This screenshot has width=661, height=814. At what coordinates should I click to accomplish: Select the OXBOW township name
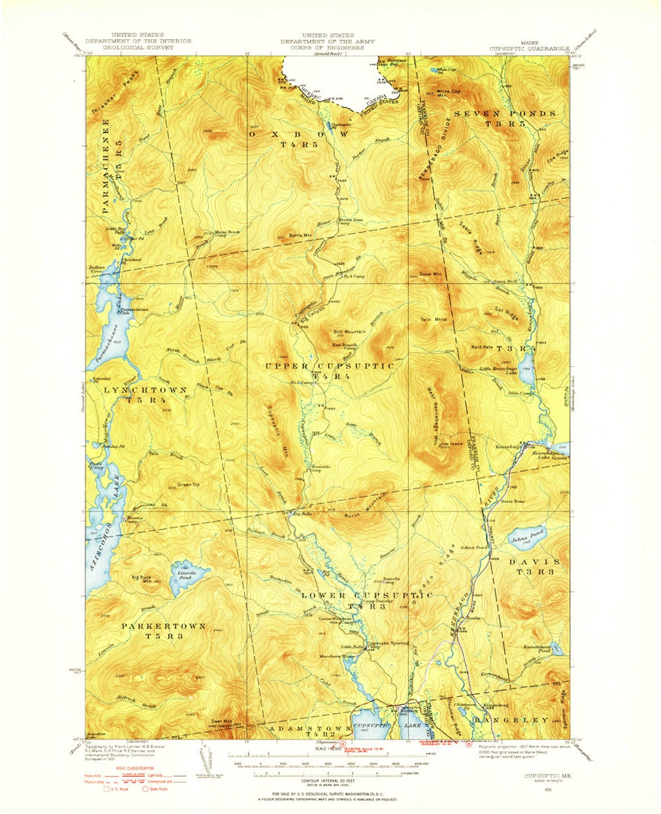299,134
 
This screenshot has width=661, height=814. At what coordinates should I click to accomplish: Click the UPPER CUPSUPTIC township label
330,366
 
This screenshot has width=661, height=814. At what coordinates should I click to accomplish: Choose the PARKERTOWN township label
163,627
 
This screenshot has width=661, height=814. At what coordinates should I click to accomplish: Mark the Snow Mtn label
430,274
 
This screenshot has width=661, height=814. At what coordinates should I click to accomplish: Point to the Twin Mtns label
433,319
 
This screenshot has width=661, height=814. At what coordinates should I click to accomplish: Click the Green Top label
188,484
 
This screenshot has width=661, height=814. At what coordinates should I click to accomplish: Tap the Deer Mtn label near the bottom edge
222,720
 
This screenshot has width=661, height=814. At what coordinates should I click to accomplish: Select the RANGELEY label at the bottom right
511,720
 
